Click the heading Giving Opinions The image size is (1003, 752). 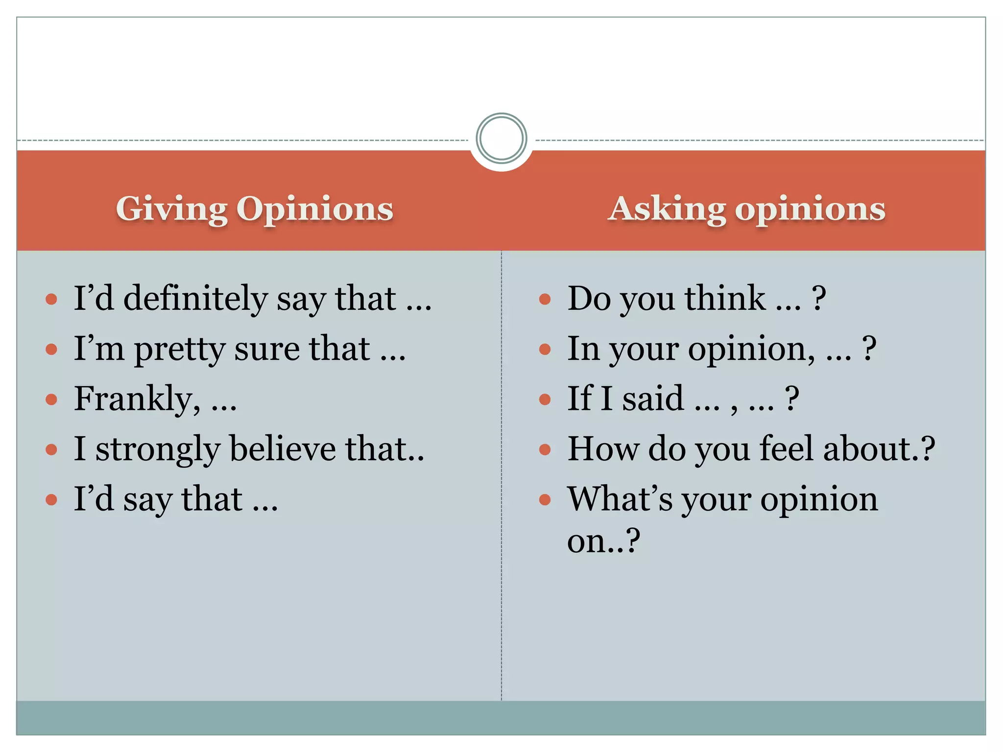pos(254,209)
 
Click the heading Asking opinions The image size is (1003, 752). pos(746,209)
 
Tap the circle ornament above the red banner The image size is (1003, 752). pos(501,138)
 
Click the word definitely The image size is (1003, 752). pos(195,298)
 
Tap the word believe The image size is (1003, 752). pos(283,448)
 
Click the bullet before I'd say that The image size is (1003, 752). pos(51,500)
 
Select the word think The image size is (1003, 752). pos(725,298)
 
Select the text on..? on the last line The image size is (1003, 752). pos(603,541)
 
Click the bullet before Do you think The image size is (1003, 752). pos(545,299)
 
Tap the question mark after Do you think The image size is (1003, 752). pos(819,298)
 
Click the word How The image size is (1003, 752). pos(603,448)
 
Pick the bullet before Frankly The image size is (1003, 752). pos(51,399)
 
